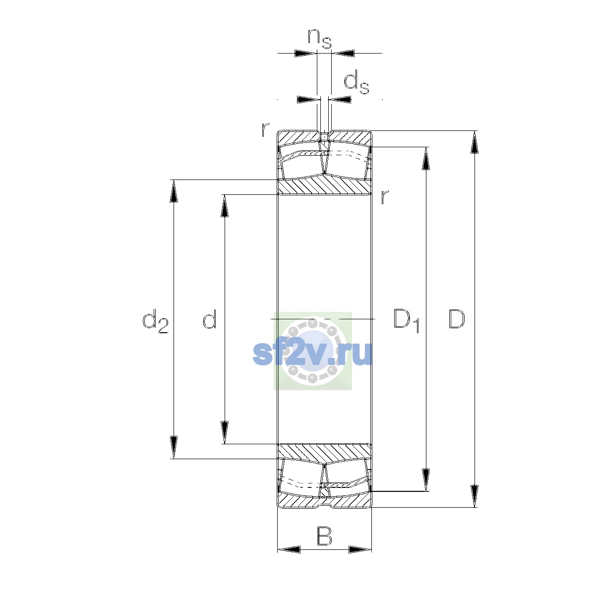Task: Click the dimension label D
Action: pyautogui.click(x=456, y=319)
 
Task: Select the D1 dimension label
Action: pyautogui.click(x=407, y=320)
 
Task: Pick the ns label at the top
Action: pyautogui.click(x=320, y=39)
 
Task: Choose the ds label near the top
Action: pyautogui.click(x=357, y=82)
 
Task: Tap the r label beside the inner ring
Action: pyautogui.click(x=384, y=197)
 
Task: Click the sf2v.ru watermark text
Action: pyautogui.click(x=312, y=354)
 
